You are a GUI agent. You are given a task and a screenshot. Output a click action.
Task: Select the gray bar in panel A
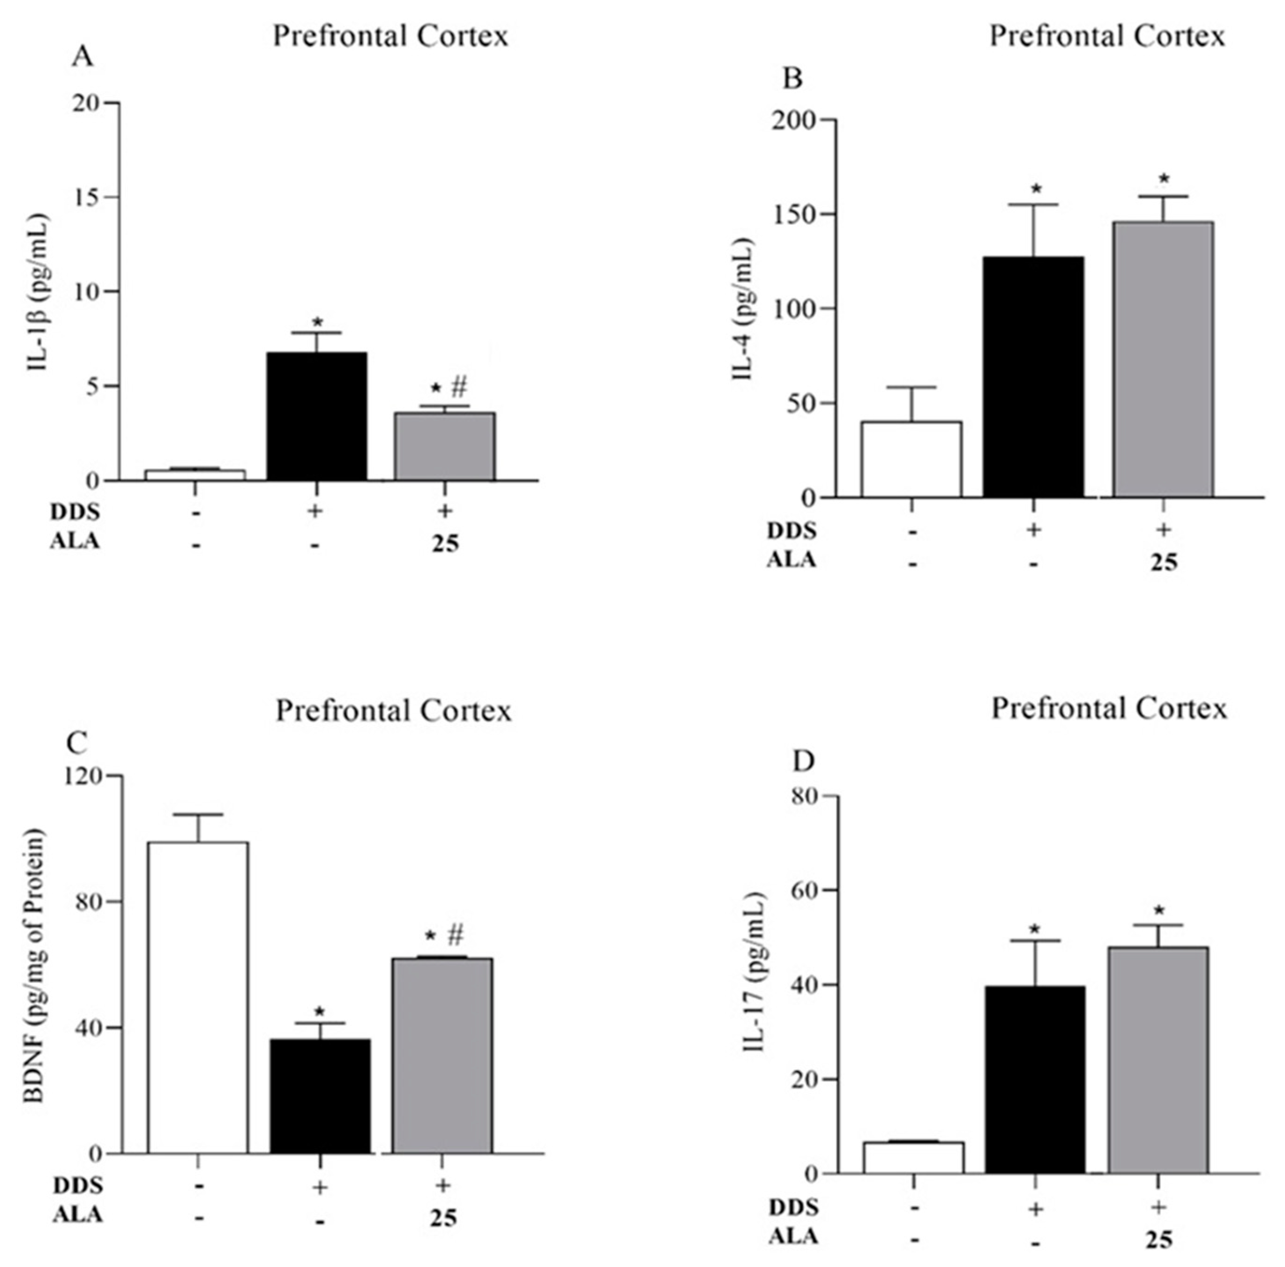[445, 446]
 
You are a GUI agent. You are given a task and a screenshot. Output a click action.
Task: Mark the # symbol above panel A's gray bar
[459, 386]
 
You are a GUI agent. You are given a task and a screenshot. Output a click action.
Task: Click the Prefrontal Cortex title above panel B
[1107, 36]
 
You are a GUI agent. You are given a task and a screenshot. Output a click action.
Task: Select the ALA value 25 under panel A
[445, 543]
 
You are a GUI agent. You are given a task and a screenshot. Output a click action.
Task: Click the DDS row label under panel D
[793, 1206]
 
